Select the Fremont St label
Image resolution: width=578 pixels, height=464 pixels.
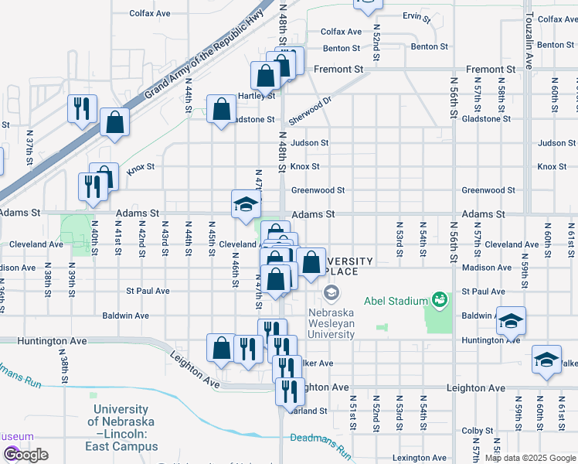click(x=338, y=70)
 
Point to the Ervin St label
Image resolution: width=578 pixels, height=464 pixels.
click(x=416, y=16)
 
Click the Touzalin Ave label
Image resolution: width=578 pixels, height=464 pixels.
click(x=529, y=39)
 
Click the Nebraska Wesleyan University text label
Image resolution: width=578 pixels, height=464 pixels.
click(x=331, y=324)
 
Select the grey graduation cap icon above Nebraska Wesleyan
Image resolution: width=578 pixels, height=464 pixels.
click(x=331, y=292)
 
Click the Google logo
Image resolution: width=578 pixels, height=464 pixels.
click(x=25, y=455)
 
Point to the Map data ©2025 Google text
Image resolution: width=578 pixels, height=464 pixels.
click(x=530, y=458)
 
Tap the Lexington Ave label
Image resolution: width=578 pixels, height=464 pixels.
click(x=419, y=459)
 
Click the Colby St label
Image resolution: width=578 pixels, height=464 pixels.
click(x=477, y=431)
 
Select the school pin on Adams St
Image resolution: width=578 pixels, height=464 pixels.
click(x=246, y=204)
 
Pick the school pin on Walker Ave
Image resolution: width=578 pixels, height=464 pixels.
click(x=546, y=360)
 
